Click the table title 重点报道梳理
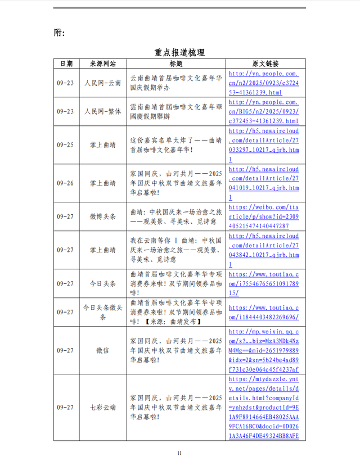coord(179,52)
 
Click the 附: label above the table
coord(59,33)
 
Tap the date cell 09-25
coord(66,144)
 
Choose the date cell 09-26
coord(66,183)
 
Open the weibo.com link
coord(264,216)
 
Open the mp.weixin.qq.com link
coord(264,350)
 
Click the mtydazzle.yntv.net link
coord(264,407)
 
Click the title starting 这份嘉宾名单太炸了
coord(176,144)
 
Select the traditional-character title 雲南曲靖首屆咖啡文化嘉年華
coord(176,111)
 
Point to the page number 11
coord(179,453)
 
